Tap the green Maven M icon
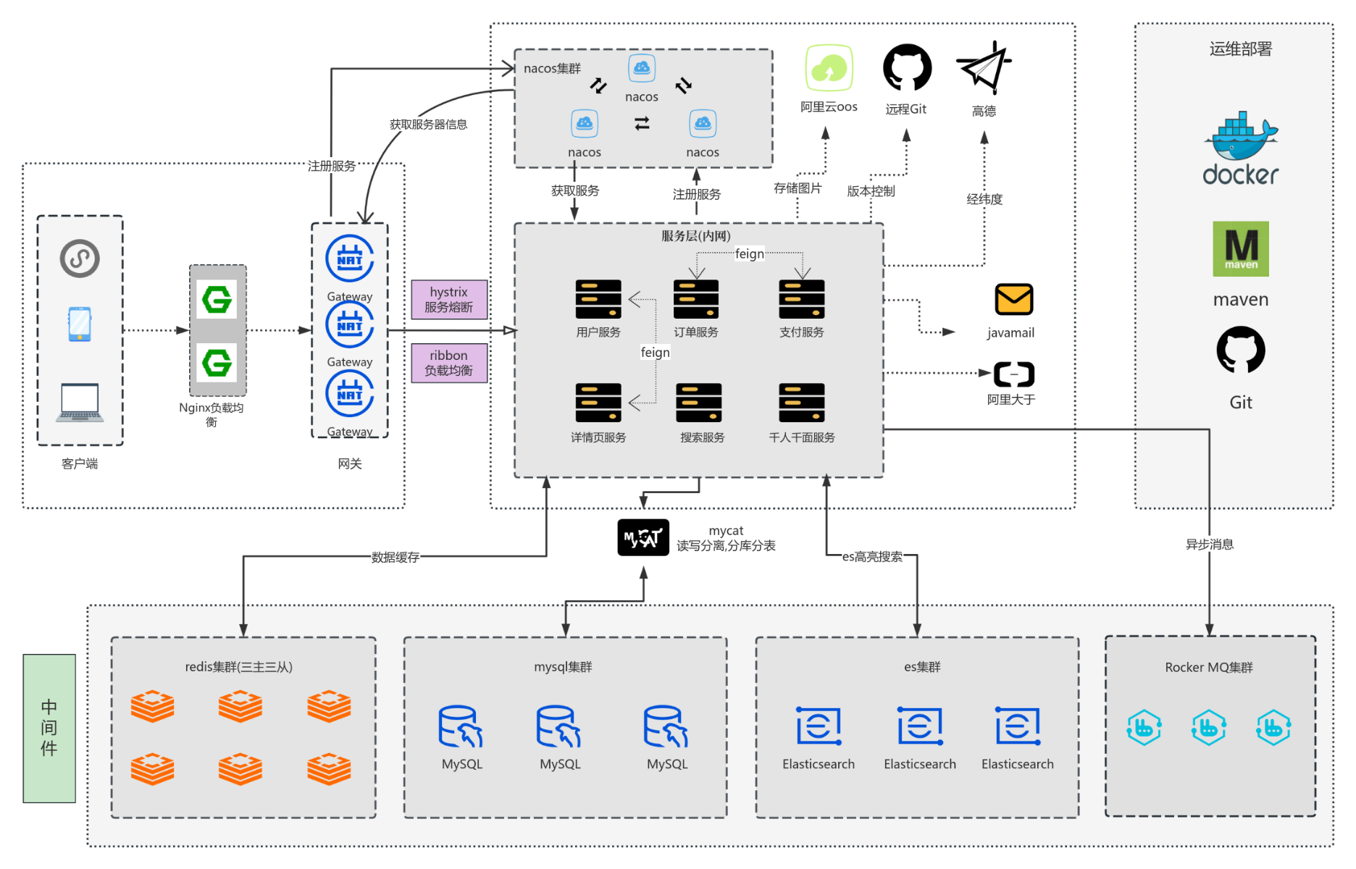(x=1241, y=248)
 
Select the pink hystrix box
(x=449, y=299)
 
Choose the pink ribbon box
(x=449, y=363)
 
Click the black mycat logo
(x=643, y=537)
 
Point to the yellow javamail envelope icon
(x=1013, y=299)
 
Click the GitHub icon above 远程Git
(x=907, y=67)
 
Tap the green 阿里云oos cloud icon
(x=829, y=68)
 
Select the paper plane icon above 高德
(x=984, y=67)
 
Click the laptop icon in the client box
(x=80, y=403)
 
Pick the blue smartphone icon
(x=80, y=324)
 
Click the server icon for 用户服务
(x=598, y=299)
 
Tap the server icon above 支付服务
(x=802, y=299)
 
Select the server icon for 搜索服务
(x=699, y=403)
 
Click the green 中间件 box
(x=49, y=729)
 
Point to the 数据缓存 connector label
(x=395, y=557)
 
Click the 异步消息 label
(x=1210, y=544)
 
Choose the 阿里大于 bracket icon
(x=1013, y=374)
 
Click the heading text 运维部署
(x=1241, y=49)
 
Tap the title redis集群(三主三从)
(x=239, y=667)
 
